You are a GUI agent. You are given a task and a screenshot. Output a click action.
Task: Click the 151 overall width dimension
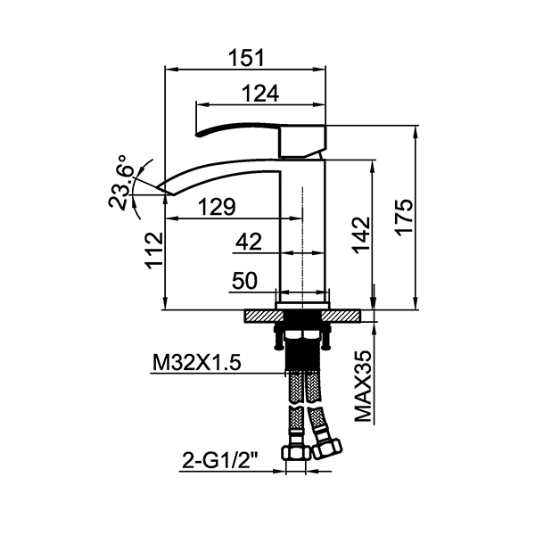246,58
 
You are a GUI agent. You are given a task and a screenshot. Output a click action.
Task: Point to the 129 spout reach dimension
217,207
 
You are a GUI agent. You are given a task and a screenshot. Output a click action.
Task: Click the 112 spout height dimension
154,251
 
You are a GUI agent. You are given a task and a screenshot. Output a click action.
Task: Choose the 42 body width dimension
249,242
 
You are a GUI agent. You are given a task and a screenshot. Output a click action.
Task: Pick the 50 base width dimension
244,281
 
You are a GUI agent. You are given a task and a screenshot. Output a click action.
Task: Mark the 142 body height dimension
362,235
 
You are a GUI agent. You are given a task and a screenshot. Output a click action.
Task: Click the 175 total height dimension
405,217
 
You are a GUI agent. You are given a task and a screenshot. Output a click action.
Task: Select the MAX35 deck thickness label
363,386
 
